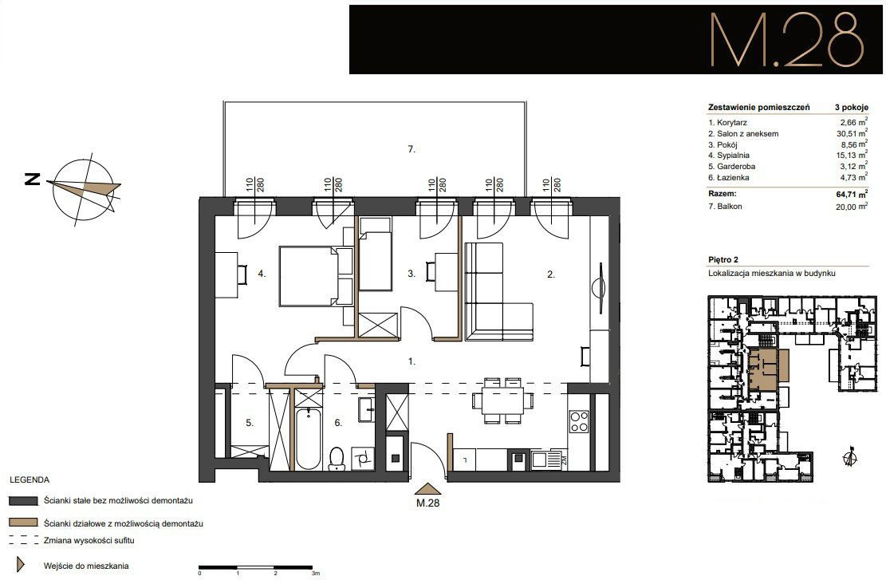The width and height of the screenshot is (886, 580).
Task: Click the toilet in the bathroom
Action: tap(337, 459)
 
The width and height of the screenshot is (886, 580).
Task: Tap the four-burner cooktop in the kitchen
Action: tap(579, 421)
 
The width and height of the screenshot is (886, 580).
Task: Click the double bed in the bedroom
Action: tap(315, 275)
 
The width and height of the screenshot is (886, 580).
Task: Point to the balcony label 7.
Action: tap(411, 149)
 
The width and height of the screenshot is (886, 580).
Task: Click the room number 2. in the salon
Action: tap(551, 274)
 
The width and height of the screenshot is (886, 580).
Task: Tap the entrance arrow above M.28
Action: tap(427, 489)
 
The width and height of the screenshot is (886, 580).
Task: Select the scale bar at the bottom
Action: tap(256, 567)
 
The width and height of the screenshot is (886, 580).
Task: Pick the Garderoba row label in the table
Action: tap(732, 166)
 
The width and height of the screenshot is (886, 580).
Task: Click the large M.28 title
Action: tap(787, 40)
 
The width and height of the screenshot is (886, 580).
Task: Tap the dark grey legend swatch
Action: tap(23, 501)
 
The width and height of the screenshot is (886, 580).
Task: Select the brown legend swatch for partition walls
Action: tap(23, 523)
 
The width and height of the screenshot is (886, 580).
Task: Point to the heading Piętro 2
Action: tap(723, 259)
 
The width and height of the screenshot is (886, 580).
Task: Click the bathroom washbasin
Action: tap(365, 409)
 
